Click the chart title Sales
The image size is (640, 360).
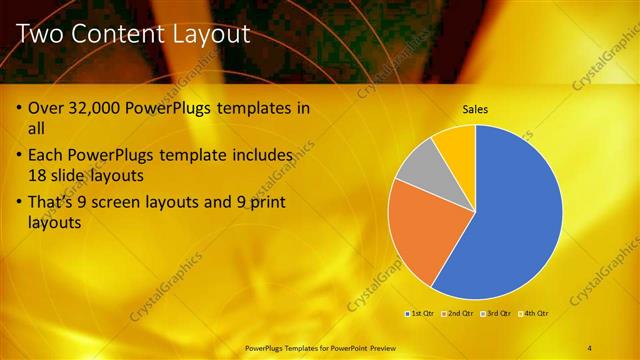(x=475, y=109)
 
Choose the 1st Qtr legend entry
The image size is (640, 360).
(x=421, y=314)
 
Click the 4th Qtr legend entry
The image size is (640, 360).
(x=535, y=314)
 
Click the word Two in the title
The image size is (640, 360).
(x=45, y=35)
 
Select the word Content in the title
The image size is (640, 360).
(x=115, y=35)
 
